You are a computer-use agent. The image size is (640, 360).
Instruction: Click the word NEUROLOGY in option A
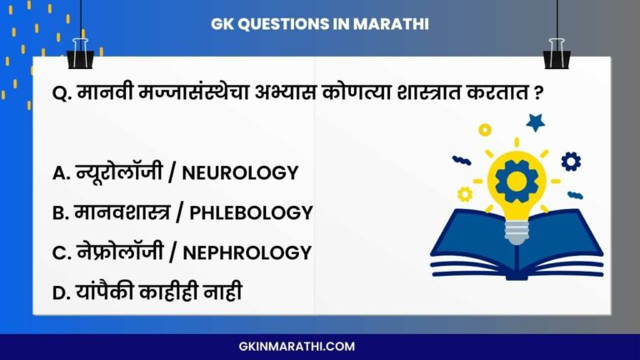[x=240, y=173]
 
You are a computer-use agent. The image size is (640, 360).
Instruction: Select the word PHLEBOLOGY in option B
[x=251, y=213]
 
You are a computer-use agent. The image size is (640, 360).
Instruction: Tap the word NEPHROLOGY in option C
[x=251, y=252]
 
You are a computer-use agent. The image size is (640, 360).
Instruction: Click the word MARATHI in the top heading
[x=391, y=24]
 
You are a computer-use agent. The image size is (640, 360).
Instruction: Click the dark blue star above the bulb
[x=536, y=123]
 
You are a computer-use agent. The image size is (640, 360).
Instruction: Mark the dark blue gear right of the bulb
[x=571, y=161]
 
